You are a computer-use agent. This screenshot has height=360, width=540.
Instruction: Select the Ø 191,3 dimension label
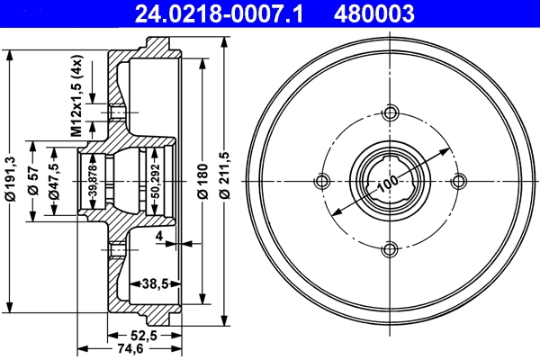(12, 179)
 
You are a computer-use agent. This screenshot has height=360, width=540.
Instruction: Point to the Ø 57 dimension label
(32, 181)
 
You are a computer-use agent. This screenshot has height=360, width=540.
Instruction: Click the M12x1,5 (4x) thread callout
(77, 96)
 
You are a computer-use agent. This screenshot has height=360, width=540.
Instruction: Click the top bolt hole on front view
(390, 113)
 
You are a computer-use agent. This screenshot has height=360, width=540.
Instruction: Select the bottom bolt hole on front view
(390, 249)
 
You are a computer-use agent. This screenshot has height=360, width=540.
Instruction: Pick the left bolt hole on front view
(322, 181)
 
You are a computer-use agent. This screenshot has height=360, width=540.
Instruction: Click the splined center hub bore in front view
(390, 181)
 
